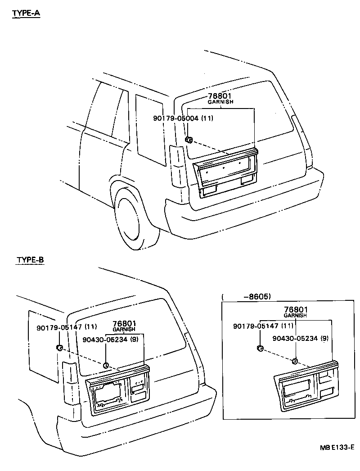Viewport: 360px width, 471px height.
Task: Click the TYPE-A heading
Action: (x=26, y=13)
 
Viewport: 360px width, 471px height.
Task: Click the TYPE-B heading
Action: (x=30, y=260)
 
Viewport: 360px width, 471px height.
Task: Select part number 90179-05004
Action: (x=176, y=118)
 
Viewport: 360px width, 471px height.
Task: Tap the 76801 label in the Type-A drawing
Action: (x=220, y=96)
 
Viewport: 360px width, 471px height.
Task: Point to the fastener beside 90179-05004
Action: (x=189, y=140)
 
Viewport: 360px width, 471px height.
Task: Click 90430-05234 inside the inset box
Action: (x=295, y=338)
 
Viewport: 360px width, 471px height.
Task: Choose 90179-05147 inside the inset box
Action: (x=255, y=326)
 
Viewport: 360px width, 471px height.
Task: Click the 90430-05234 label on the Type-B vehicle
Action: (x=105, y=340)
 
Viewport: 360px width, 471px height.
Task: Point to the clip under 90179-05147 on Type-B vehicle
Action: (x=59, y=347)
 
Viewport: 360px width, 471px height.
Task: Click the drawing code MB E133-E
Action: (x=337, y=448)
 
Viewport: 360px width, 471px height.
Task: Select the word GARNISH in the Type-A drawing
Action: (x=220, y=102)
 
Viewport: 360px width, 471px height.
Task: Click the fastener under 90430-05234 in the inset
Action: (x=295, y=360)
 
